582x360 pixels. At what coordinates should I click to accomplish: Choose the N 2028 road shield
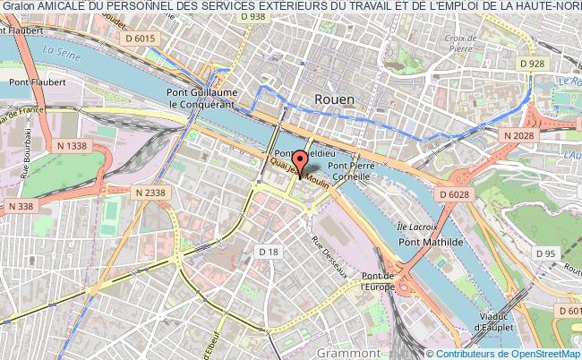pyautogui.click(x=518, y=134)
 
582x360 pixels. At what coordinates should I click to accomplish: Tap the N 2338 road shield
pyautogui.click(x=151, y=192)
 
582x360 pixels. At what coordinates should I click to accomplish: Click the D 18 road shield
pyautogui.click(x=268, y=253)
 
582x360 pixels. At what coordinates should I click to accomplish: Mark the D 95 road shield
pyautogui.click(x=544, y=253)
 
